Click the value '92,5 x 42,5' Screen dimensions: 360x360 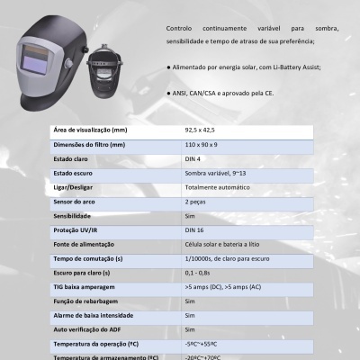(201, 130)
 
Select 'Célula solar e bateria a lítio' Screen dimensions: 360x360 (224, 245)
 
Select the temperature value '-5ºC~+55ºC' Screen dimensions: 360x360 (203, 345)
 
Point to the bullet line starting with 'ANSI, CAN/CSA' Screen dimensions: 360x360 (229, 94)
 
